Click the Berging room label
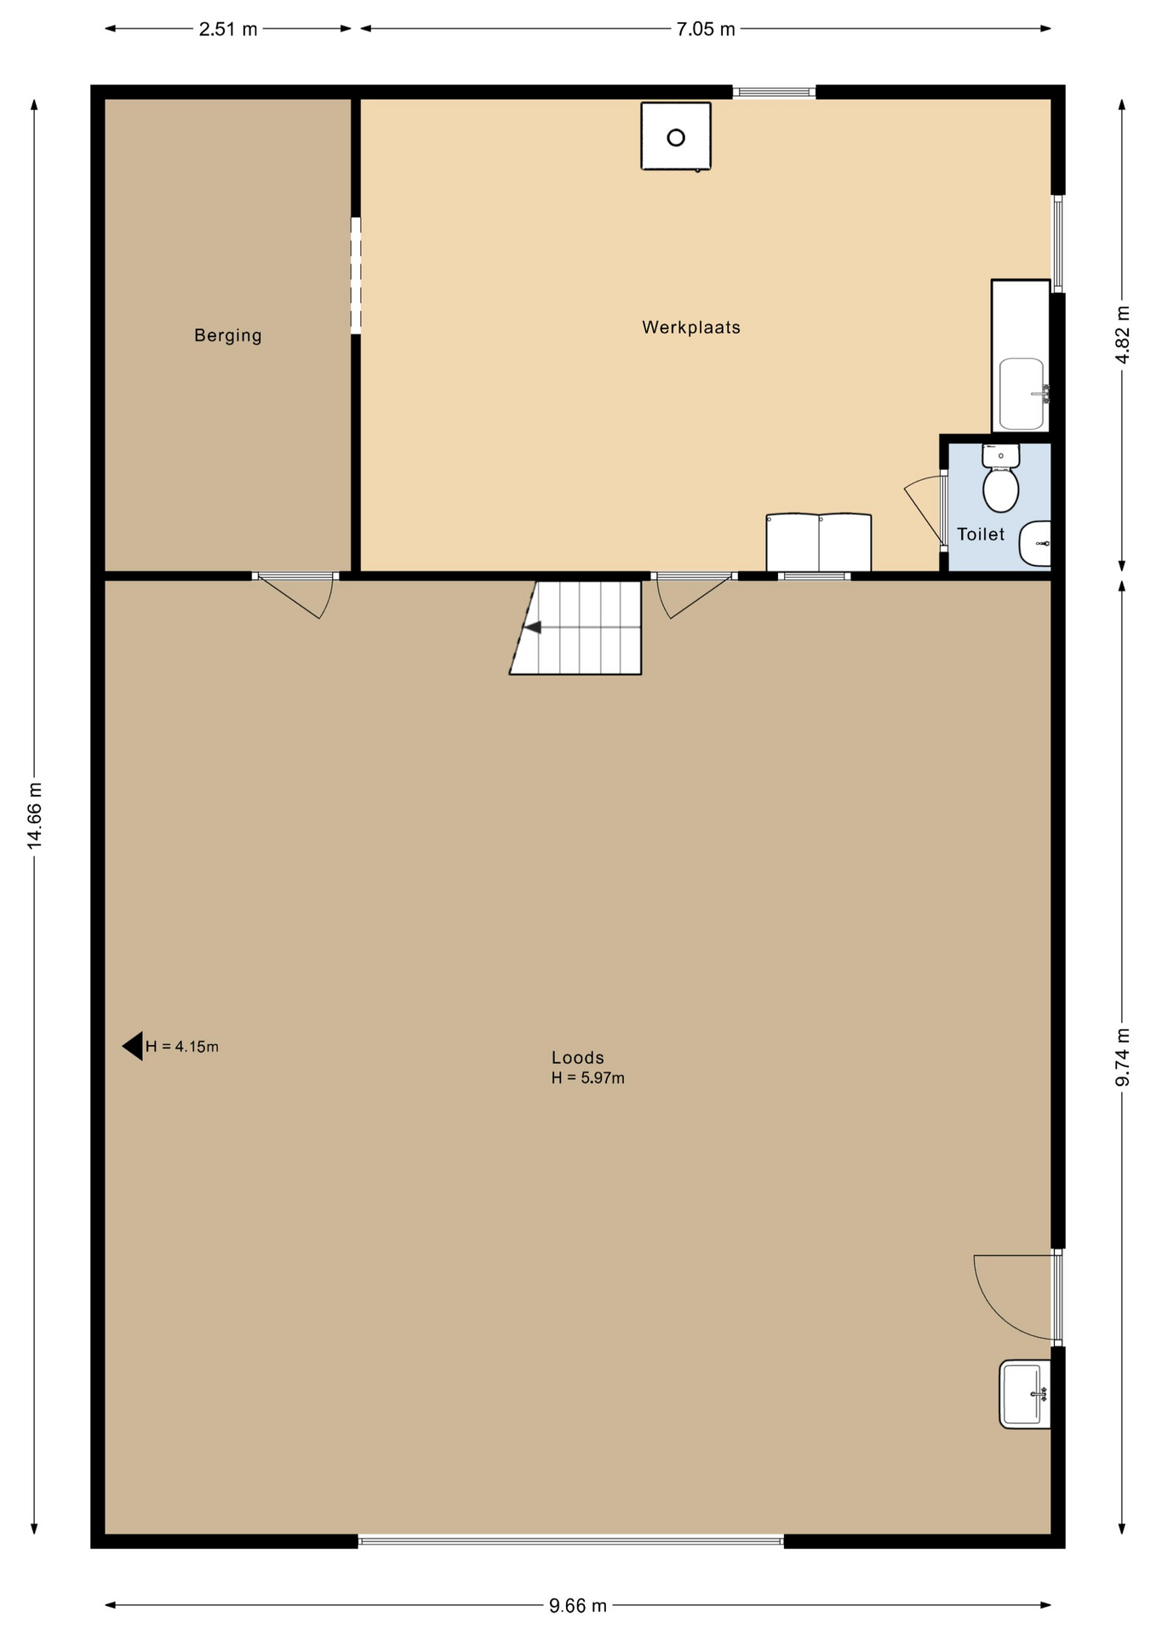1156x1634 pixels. (227, 335)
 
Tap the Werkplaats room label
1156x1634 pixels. (691, 328)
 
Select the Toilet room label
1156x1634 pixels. (981, 534)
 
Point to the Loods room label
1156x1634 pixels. (578, 1058)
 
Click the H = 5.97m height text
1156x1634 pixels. (588, 1078)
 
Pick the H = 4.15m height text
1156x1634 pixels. (182, 1047)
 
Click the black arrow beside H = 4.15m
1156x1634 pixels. (132, 1046)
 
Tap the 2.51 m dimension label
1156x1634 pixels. (228, 29)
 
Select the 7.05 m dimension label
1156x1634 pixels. (706, 29)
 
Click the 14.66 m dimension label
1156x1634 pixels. (34, 814)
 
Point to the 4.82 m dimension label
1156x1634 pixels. (1123, 334)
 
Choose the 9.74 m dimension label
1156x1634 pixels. (1123, 1057)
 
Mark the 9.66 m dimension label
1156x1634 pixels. (578, 1606)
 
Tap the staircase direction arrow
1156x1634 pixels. (533, 627)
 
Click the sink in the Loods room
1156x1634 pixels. (1025, 1394)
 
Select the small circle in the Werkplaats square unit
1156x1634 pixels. (676, 137)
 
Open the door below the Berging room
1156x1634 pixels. (295, 596)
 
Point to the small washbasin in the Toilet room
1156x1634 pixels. (1035, 543)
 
